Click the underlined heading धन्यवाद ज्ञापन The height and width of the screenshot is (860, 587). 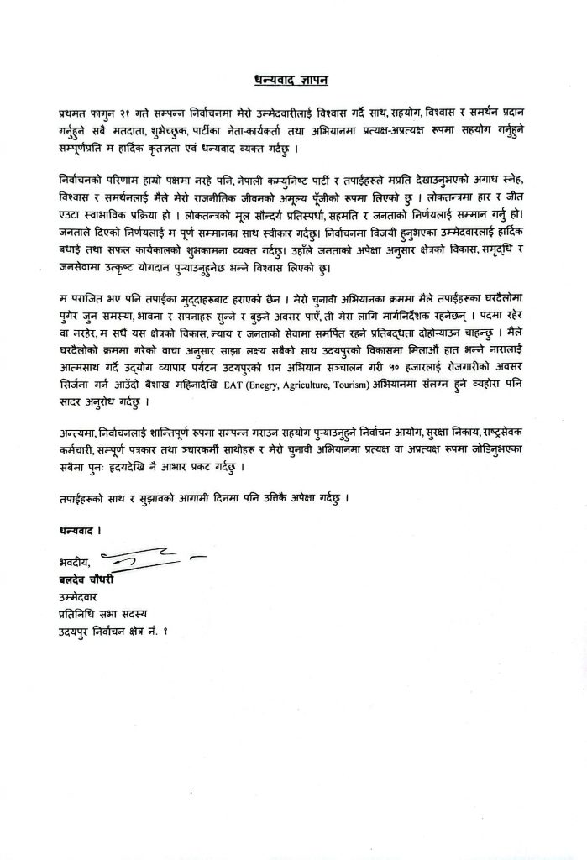(x=292, y=81)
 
